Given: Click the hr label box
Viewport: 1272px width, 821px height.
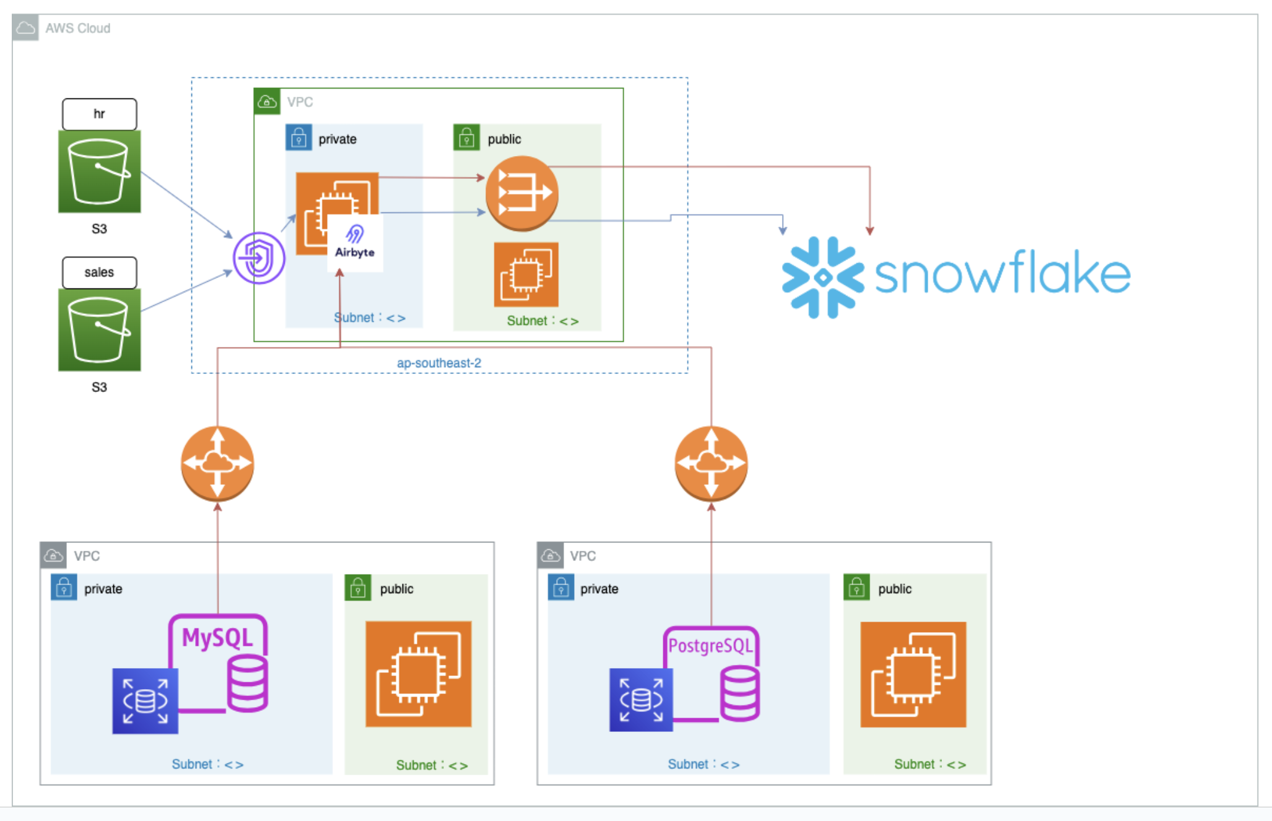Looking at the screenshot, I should click(99, 114).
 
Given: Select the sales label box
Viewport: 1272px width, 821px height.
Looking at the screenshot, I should click(99, 272).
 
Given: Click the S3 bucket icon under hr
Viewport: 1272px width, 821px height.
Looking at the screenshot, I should click(99, 172).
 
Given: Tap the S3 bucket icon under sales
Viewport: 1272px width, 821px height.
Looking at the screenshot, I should click(99, 330).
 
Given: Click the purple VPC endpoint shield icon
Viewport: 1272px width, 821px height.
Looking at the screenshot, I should click(259, 258).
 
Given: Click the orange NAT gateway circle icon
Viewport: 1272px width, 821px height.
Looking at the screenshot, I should click(522, 193).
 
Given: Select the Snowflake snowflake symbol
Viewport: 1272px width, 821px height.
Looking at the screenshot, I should click(822, 277).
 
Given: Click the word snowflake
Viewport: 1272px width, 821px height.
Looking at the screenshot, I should click(1002, 272).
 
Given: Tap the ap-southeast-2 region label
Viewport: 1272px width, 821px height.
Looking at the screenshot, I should click(438, 363).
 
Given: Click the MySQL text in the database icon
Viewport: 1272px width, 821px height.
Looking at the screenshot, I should click(217, 638).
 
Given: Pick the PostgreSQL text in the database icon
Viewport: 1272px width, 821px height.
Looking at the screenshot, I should click(710, 646).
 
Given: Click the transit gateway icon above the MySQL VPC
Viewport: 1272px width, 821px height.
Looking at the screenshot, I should click(217, 463).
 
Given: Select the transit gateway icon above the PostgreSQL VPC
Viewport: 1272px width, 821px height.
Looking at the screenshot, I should click(711, 463).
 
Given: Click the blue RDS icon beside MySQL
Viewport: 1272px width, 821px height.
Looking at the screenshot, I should click(145, 701).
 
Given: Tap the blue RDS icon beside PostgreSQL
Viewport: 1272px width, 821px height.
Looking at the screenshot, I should click(641, 700).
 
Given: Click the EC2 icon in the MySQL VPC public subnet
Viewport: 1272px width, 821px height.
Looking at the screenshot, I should click(418, 674).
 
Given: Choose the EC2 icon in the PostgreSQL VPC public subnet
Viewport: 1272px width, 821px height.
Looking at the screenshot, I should click(913, 674).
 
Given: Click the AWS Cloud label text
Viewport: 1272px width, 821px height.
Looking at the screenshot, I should click(77, 28).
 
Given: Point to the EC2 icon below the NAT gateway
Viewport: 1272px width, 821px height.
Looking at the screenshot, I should click(526, 274).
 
